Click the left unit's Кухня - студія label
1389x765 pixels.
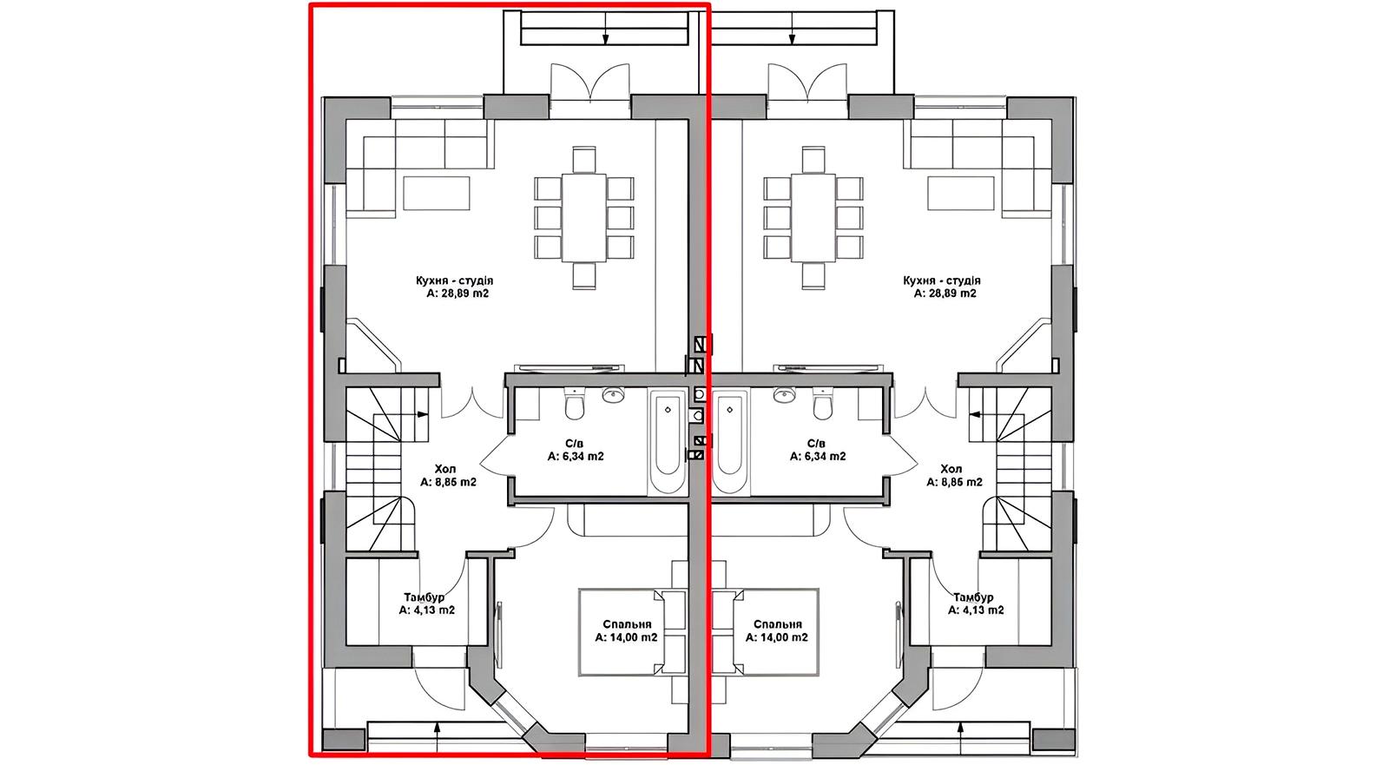(455, 280)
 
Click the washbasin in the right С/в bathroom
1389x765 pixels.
(786, 393)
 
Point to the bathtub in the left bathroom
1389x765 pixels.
(668, 442)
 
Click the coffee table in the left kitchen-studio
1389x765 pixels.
(437, 193)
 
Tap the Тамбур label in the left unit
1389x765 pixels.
(425, 597)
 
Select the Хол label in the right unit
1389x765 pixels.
(951, 468)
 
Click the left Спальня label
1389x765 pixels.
(627, 624)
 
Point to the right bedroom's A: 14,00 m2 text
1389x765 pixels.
(777, 637)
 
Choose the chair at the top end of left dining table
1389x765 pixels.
(584, 160)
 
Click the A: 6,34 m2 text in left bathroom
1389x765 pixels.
(576, 457)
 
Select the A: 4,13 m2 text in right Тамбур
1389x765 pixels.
(976, 610)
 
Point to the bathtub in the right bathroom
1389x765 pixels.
(731, 442)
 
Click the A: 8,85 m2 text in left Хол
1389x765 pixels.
(448, 481)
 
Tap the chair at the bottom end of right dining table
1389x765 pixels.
(813, 275)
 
